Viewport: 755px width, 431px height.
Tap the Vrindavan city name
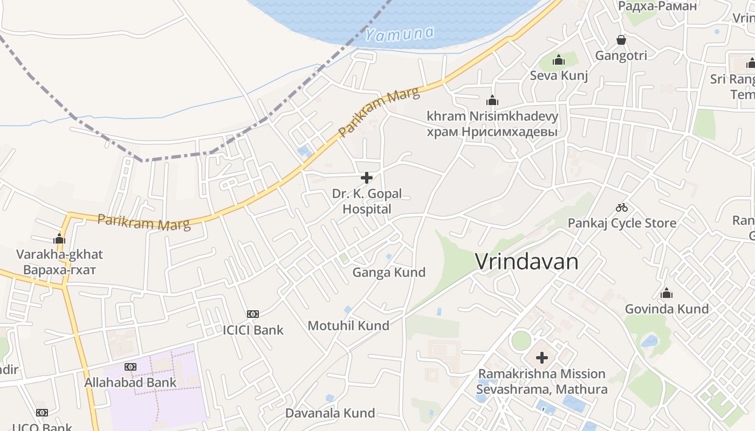click(x=526, y=262)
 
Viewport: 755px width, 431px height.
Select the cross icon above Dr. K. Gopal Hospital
click(x=367, y=177)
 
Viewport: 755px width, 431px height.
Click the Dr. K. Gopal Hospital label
click(x=367, y=201)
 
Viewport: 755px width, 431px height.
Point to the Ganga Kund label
click(x=389, y=273)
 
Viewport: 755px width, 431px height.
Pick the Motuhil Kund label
click(x=348, y=326)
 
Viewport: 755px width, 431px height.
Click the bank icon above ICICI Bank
click(x=252, y=314)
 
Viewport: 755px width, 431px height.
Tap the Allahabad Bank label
click(x=130, y=383)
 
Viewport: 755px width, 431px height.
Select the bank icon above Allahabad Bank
click(x=130, y=367)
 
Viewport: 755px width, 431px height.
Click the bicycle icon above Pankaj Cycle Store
click(x=622, y=207)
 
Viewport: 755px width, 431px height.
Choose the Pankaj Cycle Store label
click(x=622, y=223)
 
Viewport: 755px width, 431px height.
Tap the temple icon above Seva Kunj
click(x=559, y=60)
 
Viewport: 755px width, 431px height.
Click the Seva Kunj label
click(x=559, y=75)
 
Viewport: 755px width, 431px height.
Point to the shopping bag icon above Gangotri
click(x=621, y=40)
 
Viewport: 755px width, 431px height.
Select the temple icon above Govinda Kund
click(x=667, y=293)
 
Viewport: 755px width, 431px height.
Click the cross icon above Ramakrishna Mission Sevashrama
click(x=542, y=358)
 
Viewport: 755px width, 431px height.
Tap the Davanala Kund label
click(x=330, y=413)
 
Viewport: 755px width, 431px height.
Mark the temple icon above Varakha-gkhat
click(x=59, y=239)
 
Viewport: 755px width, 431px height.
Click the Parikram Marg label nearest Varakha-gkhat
click(x=144, y=223)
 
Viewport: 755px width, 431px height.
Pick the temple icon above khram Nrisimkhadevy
click(x=492, y=100)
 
